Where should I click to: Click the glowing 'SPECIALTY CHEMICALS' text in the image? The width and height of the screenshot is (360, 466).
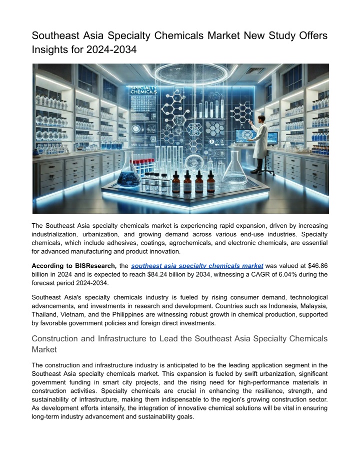pyautogui.click(x=143, y=90)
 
